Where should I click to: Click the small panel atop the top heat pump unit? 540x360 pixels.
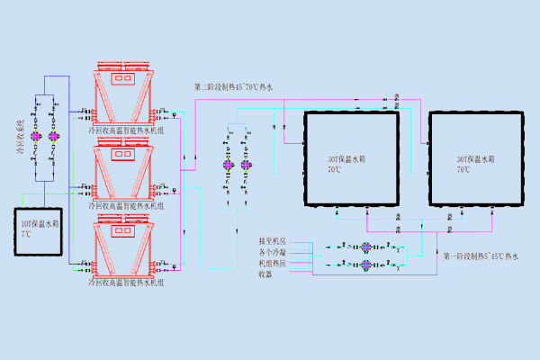coord(122,78)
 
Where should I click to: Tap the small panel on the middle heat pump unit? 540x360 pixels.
coord(122,154)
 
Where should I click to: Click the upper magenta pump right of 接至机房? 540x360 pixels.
coord(366,246)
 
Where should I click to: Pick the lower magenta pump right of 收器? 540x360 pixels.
coord(366,265)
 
